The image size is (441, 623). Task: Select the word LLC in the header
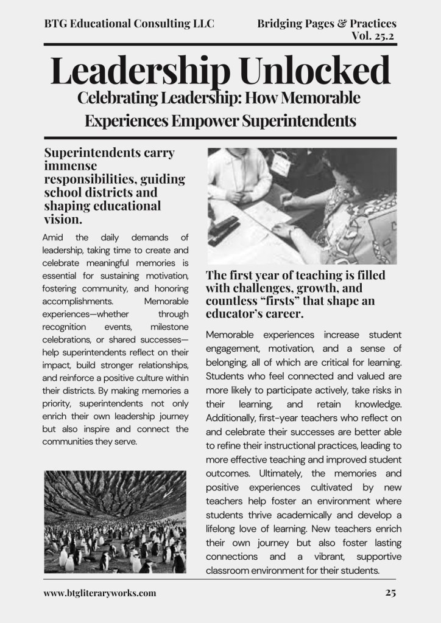tap(202, 24)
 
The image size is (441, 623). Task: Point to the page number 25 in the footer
tap(390, 593)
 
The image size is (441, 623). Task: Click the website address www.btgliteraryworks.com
tap(100, 593)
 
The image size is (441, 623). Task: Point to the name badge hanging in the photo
tap(281, 164)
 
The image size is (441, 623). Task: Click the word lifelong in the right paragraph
tap(224, 529)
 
